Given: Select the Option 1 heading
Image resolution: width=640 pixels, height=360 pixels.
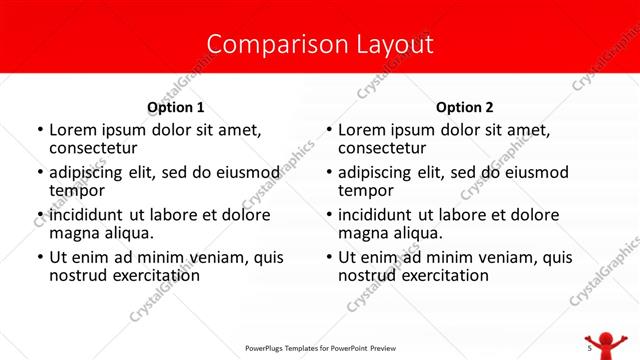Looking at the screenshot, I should pos(176,107).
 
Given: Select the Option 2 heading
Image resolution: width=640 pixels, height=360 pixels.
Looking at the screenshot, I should pos(465,107).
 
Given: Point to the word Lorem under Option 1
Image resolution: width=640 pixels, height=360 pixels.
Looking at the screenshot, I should pos(73,130).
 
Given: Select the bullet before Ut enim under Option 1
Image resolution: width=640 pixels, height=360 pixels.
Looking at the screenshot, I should pos(40,258).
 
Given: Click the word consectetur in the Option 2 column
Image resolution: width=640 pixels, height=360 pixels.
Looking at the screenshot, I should pos(383,148).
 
